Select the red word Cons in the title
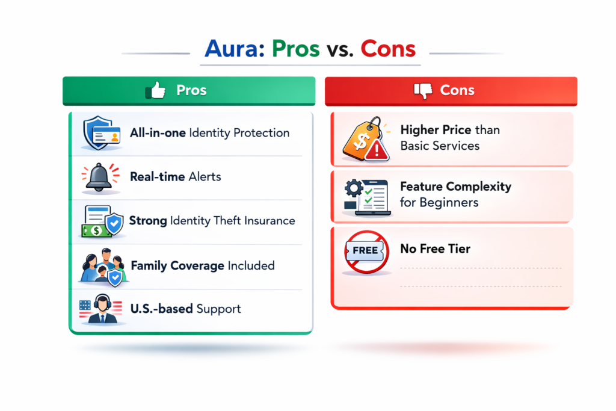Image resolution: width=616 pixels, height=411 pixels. pyautogui.click(x=388, y=49)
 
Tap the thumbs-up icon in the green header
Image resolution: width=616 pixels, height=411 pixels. pyautogui.click(x=156, y=91)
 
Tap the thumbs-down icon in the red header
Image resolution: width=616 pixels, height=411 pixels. pyautogui.click(x=423, y=91)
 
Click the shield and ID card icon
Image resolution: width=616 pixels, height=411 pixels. pyautogui.click(x=100, y=134)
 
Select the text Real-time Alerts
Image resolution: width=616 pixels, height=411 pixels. pyautogui.click(x=176, y=177)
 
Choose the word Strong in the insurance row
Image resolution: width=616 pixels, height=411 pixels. pyautogui.click(x=148, y=221)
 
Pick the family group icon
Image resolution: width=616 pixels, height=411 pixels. pyautogui.click(x=101, y=266)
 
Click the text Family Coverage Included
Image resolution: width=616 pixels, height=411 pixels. pyautogui.click(x=202, y=265)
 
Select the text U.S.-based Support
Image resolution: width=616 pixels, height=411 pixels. pyautogui.click(x=185, y=309)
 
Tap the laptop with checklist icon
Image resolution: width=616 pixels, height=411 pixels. pyautogui.click(x=365, y=196)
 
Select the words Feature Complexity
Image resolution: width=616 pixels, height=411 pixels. pyautogui.click(x=455, y=187)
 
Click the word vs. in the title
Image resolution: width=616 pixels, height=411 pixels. pyautogui.click(x=340, y=49)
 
